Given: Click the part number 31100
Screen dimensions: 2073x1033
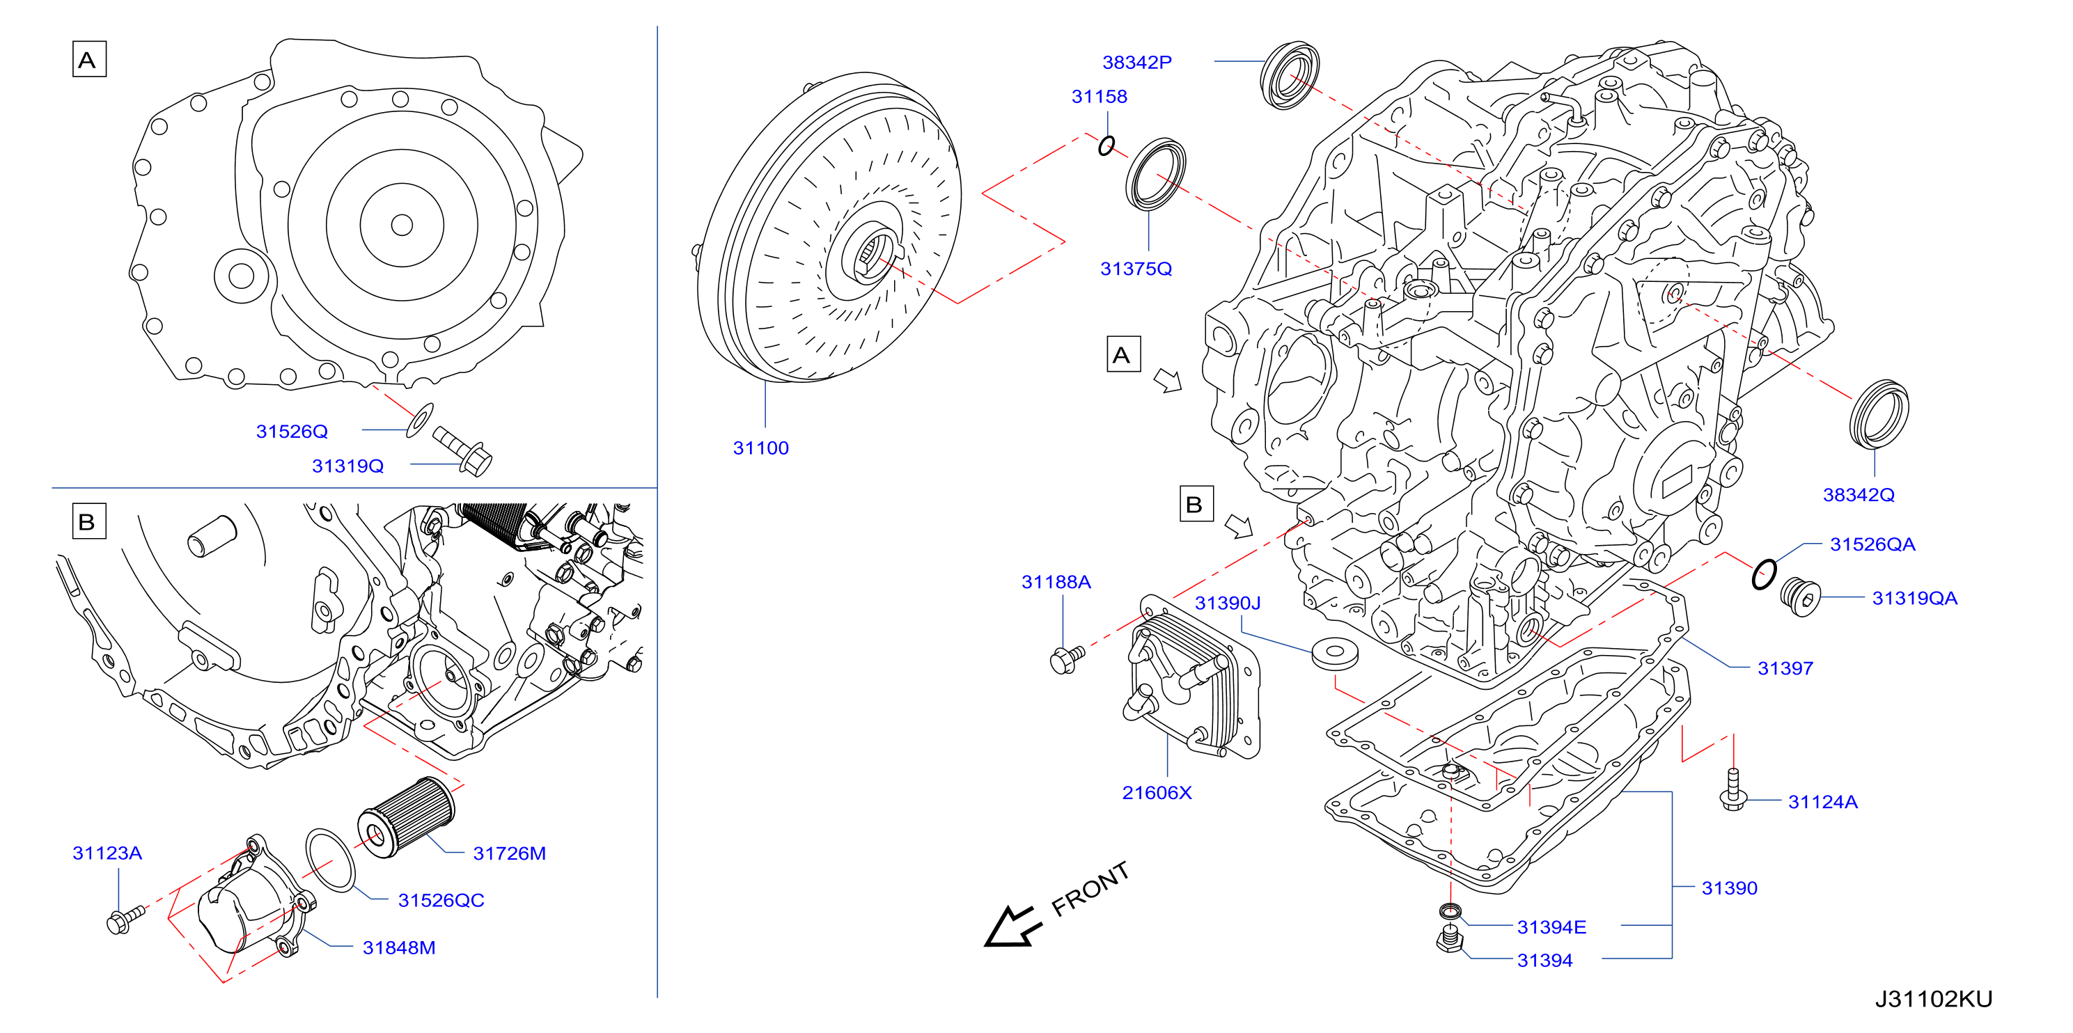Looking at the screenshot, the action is coord(760,448).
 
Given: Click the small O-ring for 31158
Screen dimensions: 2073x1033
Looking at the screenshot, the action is coord(1106,145).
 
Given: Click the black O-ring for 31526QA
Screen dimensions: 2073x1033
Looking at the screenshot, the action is coord(1763,574).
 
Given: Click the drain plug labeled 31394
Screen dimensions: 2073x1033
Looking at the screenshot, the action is coord(1448,940).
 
